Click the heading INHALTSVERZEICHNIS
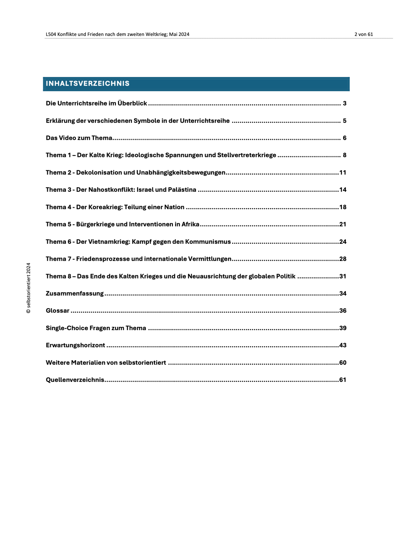point(88,83)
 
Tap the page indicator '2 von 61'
point(364,34)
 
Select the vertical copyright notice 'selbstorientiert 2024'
point(28,288)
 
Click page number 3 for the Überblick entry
point(345,103)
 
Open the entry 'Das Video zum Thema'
point(79,138)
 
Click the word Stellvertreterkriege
point(247,155)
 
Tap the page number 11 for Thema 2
point(343,172)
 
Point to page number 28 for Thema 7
point(343,259)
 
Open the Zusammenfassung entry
point(75,293)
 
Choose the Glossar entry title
point(57,311)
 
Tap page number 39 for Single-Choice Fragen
point(343,328)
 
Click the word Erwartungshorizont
point(75,345)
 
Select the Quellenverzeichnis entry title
point(75,380)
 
